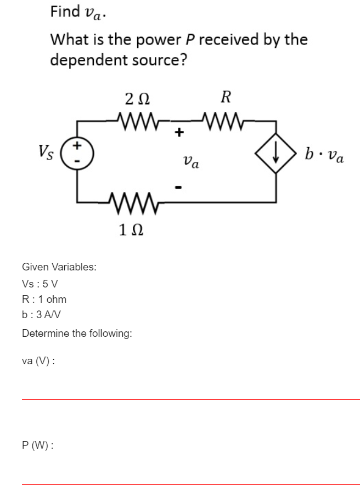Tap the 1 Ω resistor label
[x=131, y=230]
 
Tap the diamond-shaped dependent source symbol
[x=276, y=153]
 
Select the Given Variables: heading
[x=59, y=267]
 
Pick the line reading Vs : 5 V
[x=40, y=284]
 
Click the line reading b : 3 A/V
[x=41, y=314]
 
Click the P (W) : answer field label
[x=37, y=445]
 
